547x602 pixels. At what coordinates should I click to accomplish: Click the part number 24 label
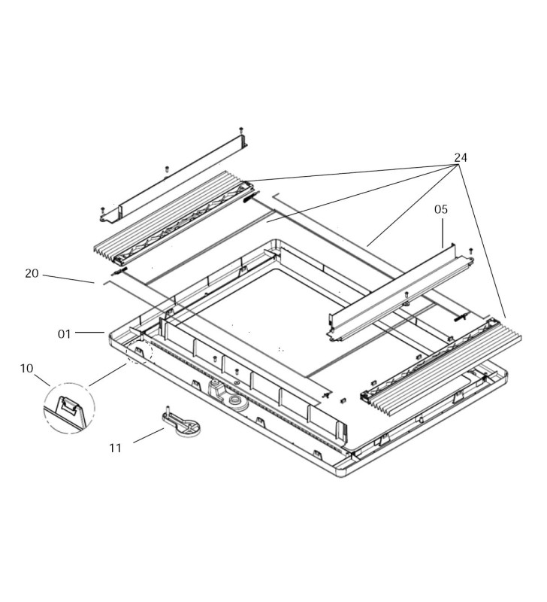[461, 157]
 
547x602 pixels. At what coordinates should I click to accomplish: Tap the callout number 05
[441, 210]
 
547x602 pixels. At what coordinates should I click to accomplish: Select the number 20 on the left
[32, 273]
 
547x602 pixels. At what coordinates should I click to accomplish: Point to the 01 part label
[65, 333]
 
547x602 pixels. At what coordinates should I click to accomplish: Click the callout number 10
[26, 368]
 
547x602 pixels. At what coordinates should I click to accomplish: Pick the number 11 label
[115, 448]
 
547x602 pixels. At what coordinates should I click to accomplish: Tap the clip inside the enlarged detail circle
[69, 406]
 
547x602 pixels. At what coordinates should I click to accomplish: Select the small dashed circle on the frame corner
[139, 351]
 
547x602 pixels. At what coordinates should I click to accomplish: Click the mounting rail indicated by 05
[398, 293]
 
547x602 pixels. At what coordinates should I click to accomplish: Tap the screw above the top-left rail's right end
[241, 131]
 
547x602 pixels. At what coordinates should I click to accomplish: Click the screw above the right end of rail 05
[470, 251]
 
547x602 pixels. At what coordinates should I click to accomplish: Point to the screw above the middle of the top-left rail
[167, 169]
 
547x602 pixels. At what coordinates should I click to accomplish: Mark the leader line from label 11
[148, 436]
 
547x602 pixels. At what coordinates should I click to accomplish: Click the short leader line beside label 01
[90, 332]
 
